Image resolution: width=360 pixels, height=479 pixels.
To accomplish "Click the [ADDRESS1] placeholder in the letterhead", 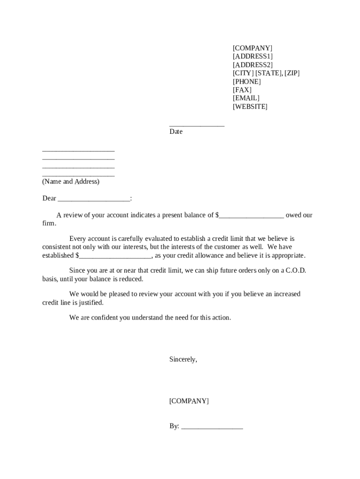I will coord(252,57).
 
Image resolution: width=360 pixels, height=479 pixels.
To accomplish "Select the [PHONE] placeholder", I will coord(247,81).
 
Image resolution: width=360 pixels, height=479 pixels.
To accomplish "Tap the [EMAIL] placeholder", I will coord(246,98).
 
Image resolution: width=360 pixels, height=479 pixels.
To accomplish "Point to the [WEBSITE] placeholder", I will coord(250,107).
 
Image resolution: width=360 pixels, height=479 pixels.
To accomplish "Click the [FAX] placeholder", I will coord(242,90).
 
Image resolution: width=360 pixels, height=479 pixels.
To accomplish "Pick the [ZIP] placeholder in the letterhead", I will coord(292,73).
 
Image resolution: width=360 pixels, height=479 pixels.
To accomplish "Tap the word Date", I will coord(176,132).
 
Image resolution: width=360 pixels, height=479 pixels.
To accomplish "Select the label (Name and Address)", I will coord(71,181).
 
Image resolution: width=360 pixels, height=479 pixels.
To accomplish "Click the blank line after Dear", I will coord(94,199).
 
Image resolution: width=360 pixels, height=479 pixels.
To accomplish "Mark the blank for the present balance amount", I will coord(251,216).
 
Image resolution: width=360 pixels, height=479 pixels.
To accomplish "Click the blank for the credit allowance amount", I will coord(115,256).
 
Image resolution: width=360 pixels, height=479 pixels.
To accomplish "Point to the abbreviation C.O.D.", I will coord(296,271).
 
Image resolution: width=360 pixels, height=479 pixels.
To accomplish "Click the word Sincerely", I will coord(183,360).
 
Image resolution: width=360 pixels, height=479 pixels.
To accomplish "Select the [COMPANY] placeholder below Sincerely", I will coord(189,401).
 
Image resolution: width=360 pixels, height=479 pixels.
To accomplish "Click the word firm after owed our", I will coord(49,224).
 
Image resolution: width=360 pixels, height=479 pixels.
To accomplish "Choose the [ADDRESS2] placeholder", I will coord(252,65).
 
